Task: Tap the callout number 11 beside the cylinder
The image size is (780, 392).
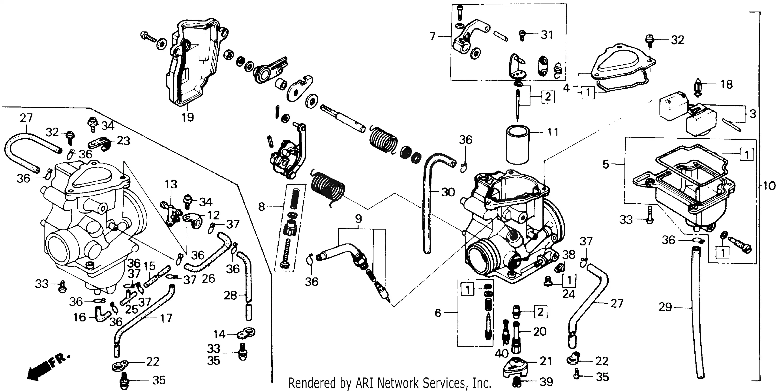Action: pos(553,132)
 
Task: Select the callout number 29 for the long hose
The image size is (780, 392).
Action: pos(665,307)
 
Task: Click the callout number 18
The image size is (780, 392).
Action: pos(726,85)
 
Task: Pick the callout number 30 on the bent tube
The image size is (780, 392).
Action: pos(448,192)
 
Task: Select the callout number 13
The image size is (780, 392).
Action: pos(171,184)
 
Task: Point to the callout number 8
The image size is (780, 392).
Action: pos(262,207)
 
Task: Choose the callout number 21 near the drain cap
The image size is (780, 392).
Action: pos(546,361)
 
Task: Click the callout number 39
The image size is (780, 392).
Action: pos(546,382)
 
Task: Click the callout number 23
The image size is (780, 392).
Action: pos(123,141)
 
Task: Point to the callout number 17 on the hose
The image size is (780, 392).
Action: pos(166,318)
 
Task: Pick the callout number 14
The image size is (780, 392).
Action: pos(219,334)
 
